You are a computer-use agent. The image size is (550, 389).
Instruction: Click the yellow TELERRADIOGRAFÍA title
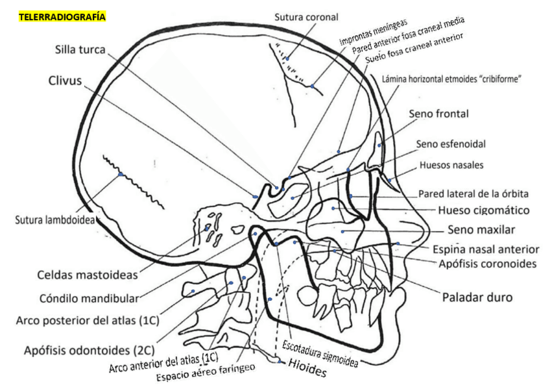coord(62,17)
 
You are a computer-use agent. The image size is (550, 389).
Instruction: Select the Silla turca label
coord(80,50)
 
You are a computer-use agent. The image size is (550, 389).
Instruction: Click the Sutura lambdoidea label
coord(54,220)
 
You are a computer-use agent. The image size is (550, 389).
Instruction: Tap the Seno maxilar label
coord(481,229)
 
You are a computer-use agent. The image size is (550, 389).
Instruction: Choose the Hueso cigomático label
coord(484,210)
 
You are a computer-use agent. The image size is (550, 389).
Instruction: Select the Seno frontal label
coord(438,114)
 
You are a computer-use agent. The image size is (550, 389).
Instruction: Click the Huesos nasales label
coord(451,165)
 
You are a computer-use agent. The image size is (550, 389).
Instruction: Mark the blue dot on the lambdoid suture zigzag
coord(120,174)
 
